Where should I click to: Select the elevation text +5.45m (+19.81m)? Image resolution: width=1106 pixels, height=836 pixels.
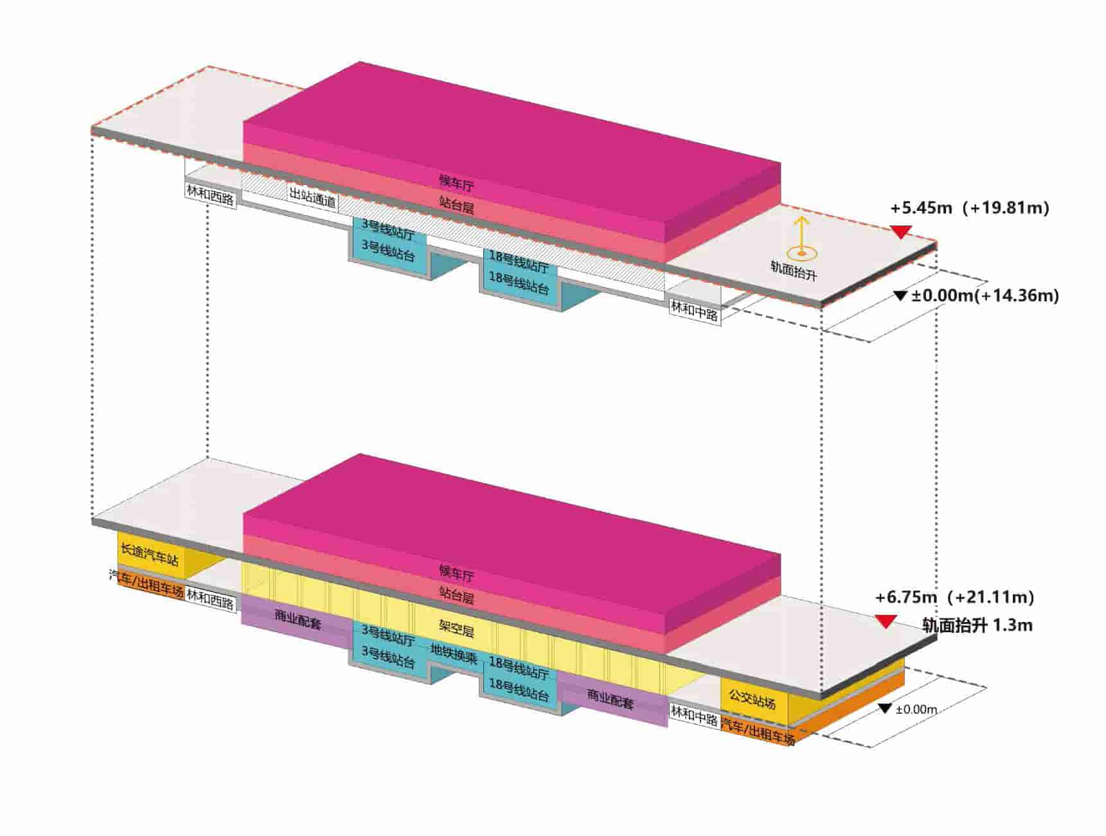tap(969, 208)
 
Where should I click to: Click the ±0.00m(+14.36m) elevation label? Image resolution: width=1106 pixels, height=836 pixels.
tap(984, 296)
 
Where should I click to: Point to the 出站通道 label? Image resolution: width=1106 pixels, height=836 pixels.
tap(312, 197)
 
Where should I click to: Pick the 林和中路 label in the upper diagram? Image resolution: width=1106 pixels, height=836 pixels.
tap(694, 312)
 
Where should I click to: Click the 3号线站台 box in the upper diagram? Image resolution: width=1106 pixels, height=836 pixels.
tap(388, 251)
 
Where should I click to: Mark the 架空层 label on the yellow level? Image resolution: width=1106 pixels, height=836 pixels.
tap(456, 629)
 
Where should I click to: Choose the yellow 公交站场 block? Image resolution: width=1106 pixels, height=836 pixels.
tap(752, 699)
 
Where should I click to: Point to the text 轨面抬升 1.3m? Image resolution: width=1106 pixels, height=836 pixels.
tap(977, 625)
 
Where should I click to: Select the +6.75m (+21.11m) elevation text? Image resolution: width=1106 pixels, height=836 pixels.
tap(954, 598)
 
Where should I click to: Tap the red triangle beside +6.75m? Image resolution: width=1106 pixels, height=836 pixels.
tap(886, 621)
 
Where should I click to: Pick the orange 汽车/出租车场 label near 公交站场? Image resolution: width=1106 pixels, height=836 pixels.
tap(758, 731)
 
